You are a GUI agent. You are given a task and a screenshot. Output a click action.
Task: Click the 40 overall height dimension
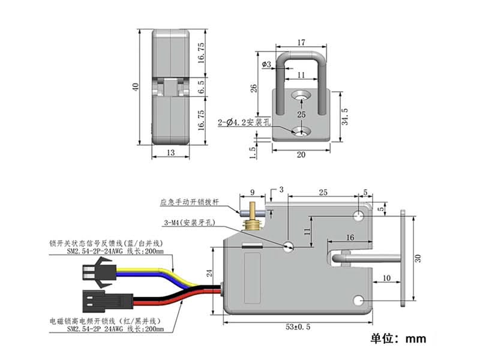(x=137, y=86)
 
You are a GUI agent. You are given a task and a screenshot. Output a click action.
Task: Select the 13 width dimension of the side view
(x=171, y=154)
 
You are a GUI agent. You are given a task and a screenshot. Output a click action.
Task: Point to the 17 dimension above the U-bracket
(x=301, y=43)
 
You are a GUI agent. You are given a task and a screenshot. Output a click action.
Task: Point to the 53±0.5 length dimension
(x=298, y=328)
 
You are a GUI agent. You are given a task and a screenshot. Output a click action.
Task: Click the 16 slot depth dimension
(x=349, y=238)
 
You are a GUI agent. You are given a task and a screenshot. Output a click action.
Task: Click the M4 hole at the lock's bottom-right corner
(x=359, y=301)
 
